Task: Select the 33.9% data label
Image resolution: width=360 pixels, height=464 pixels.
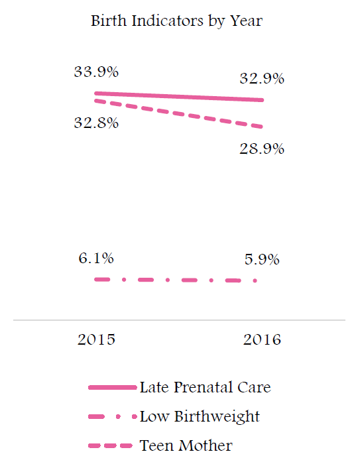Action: coord(96,72)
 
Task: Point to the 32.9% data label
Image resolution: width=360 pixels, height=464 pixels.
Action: coord(262,78)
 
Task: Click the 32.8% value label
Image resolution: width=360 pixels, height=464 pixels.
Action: coord(96,123)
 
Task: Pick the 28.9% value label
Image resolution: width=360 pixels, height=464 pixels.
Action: coord(262,148)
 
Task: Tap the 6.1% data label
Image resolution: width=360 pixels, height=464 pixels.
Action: coord(96,258)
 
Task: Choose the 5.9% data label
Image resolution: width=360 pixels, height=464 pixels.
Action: coord(262,259)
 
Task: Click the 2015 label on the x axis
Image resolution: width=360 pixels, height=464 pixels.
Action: coord(96,339)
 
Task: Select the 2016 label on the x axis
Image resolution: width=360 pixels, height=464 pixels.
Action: coord(262,339)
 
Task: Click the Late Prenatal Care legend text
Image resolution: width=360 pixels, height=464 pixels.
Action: coord(205,387)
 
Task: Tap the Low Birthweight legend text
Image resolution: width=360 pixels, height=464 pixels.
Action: coord(200,417)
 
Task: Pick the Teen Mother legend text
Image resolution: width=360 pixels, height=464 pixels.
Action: coord(186,445)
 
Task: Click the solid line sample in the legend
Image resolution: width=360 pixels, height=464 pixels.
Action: coord(113,387)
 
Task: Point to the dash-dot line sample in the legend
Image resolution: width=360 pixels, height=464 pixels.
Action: coord(113,417)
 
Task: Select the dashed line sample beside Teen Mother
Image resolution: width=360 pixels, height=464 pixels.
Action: coord(110,445)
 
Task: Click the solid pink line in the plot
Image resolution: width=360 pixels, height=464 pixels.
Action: coord(179,97)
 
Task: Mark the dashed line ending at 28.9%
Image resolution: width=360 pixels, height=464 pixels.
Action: coord(179,113)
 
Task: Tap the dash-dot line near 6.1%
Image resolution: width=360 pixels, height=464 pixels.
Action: coord(176,280)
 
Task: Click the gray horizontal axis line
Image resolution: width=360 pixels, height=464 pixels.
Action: coord(180,320)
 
